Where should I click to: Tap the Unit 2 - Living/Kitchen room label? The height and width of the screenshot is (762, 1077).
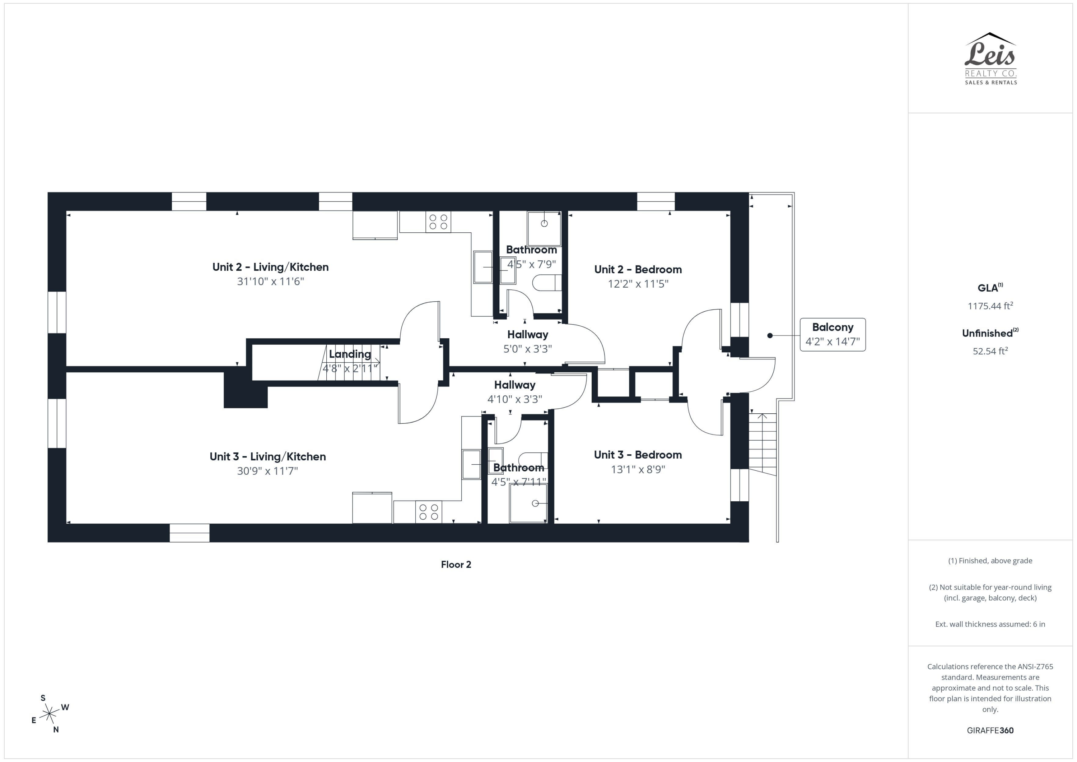point(270,267)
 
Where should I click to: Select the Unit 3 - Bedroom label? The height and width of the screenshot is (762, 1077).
point(638,455)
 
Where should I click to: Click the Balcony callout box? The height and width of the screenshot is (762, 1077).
point(833,335)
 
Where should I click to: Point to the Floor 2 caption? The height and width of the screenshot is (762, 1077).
point(456,564)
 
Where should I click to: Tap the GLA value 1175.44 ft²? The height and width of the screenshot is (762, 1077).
point(990,306)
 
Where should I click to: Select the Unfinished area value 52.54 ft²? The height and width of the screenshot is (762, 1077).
point(990,351)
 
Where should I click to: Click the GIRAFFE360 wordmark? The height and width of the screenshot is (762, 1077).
point(990,730)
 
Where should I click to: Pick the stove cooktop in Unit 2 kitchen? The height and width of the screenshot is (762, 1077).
point(438,222)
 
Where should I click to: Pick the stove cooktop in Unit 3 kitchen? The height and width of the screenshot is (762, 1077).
point(428,512)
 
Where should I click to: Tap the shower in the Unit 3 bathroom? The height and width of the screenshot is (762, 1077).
point(528,503)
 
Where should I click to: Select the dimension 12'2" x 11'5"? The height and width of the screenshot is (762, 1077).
point(638,284)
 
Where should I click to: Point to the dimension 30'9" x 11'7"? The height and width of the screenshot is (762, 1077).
point(267,471)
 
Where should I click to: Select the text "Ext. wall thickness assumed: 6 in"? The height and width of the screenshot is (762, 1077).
point(990,624)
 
